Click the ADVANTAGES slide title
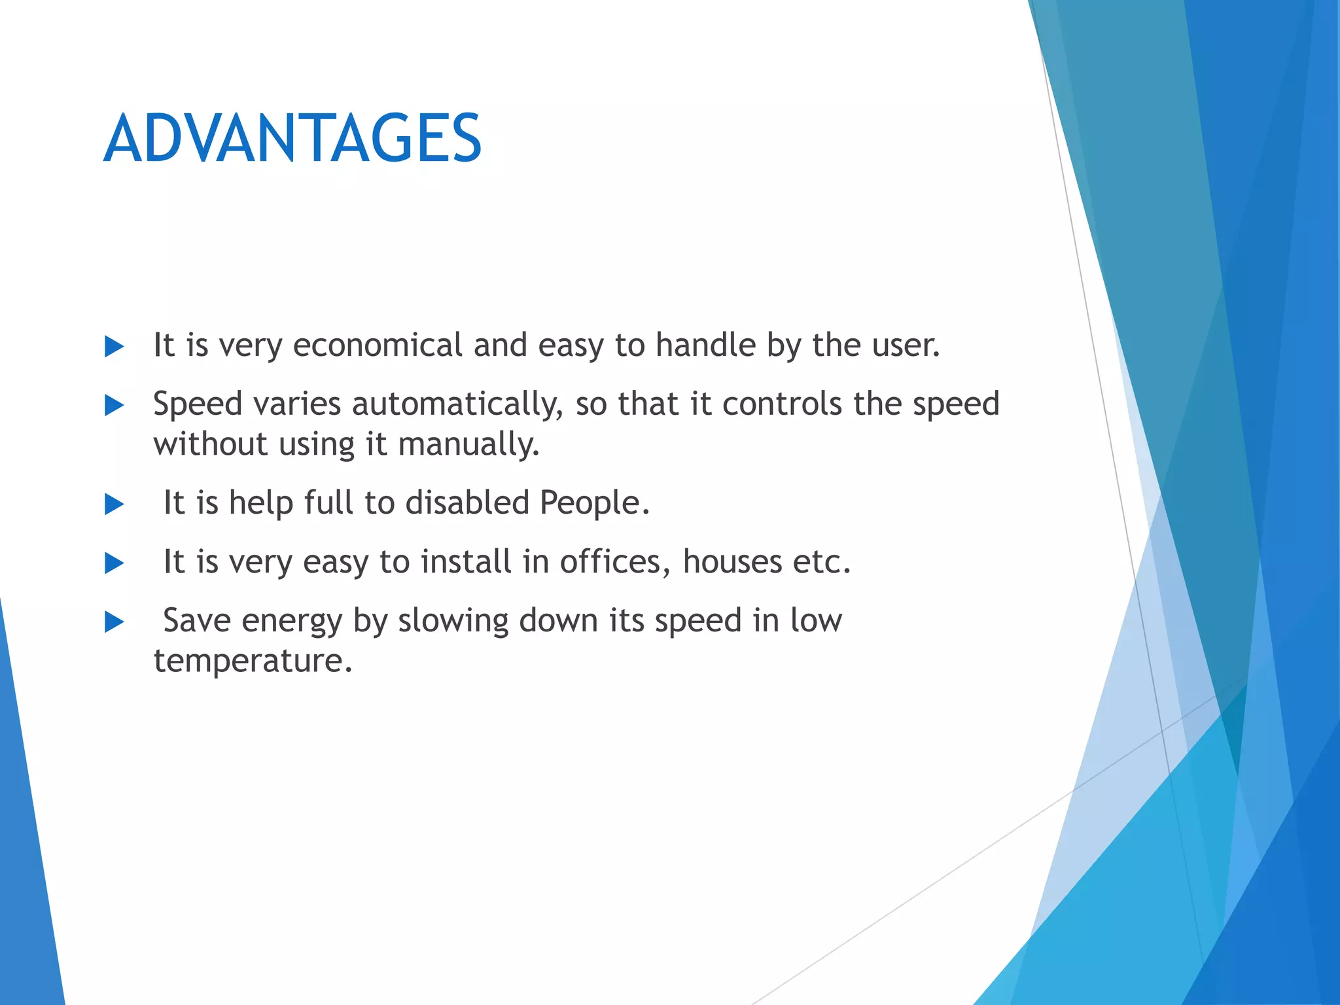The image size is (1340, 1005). pos(292,138)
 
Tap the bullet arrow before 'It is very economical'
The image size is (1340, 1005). pos(114,347)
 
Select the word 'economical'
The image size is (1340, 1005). pos(378,345)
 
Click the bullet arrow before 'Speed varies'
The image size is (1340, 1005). pos(114,406)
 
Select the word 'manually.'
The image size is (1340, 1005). pos(468,445)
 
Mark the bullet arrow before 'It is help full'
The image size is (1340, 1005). pos(114,504)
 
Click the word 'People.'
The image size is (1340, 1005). pos(594,503)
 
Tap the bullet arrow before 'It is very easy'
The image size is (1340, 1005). pos(114,563)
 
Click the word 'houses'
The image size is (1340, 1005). pos(732,561)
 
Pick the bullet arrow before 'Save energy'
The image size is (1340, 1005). pos(114,622)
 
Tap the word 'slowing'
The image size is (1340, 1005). pos(453,621)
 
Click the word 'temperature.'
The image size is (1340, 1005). pos(253,661)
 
